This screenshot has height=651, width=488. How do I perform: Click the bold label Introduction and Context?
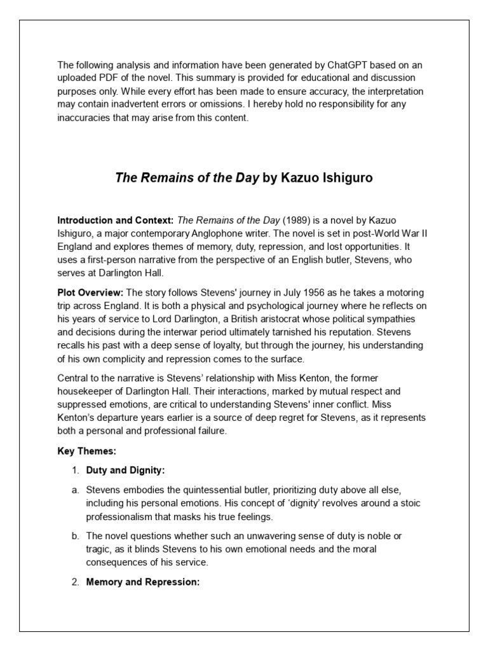coord(116,220)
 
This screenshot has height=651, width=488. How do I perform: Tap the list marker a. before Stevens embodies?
coord(74,490)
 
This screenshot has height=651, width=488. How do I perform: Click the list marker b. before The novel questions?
coord(74,536)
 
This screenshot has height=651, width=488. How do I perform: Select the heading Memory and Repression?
coord(143,582)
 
